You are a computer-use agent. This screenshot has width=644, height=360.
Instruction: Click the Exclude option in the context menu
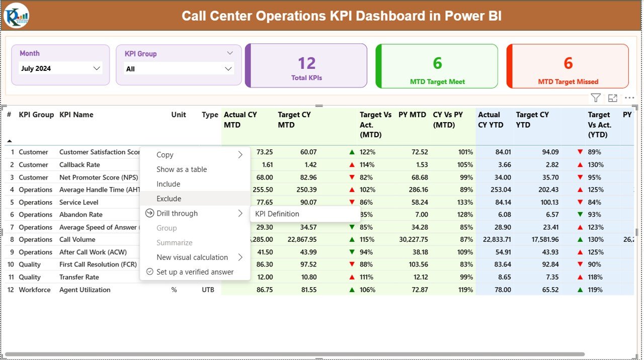pyautogui.click(x=169, y=199)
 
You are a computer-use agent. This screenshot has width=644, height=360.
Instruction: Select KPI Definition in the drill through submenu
pyautogui.click(x=277, y=214)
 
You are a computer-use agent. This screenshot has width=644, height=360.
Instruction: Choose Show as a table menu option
pyautogui.click(x=182, y=169)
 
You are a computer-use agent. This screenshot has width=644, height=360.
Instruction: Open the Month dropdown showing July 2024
pyautogui.click(x=60, y=68)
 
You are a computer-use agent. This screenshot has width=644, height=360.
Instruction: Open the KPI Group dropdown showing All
pyautogui.click(x=179, y=69)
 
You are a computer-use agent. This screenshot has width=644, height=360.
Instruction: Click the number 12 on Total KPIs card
pyautogui.click(x=306, y=63)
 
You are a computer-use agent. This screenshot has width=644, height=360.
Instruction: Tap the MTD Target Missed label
pyautogui.click(x=568, y=81)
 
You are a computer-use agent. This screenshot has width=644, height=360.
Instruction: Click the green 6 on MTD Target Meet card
pyautogui.click(x=437, y=63)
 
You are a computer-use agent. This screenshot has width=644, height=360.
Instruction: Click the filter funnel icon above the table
pyautogui.click(x=596, y=98)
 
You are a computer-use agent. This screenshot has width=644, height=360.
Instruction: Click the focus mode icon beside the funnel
pyautogui.click(x=612, y=98)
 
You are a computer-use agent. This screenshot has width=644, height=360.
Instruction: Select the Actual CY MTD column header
pyautogui.click(x=240, y=120)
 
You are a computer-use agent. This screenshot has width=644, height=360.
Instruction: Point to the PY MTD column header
pyautogui.click(x=412, y=115)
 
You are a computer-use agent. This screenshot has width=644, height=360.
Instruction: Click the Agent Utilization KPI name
pyautogui.click(x=85, y=290)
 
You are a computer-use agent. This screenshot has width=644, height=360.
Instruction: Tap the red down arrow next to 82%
pyautogui.click(x=352, y=177)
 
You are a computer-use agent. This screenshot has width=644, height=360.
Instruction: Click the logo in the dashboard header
pyautogui.click(x=17, y=15)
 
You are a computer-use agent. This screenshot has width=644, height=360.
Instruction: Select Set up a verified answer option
pyautogui.click(x=195, y=272)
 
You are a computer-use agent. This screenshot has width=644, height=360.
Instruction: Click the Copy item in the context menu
pyautogui.click(x=165, y=155)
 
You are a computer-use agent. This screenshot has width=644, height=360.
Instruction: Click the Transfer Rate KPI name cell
pyautogui.click(x=79, y=277)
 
